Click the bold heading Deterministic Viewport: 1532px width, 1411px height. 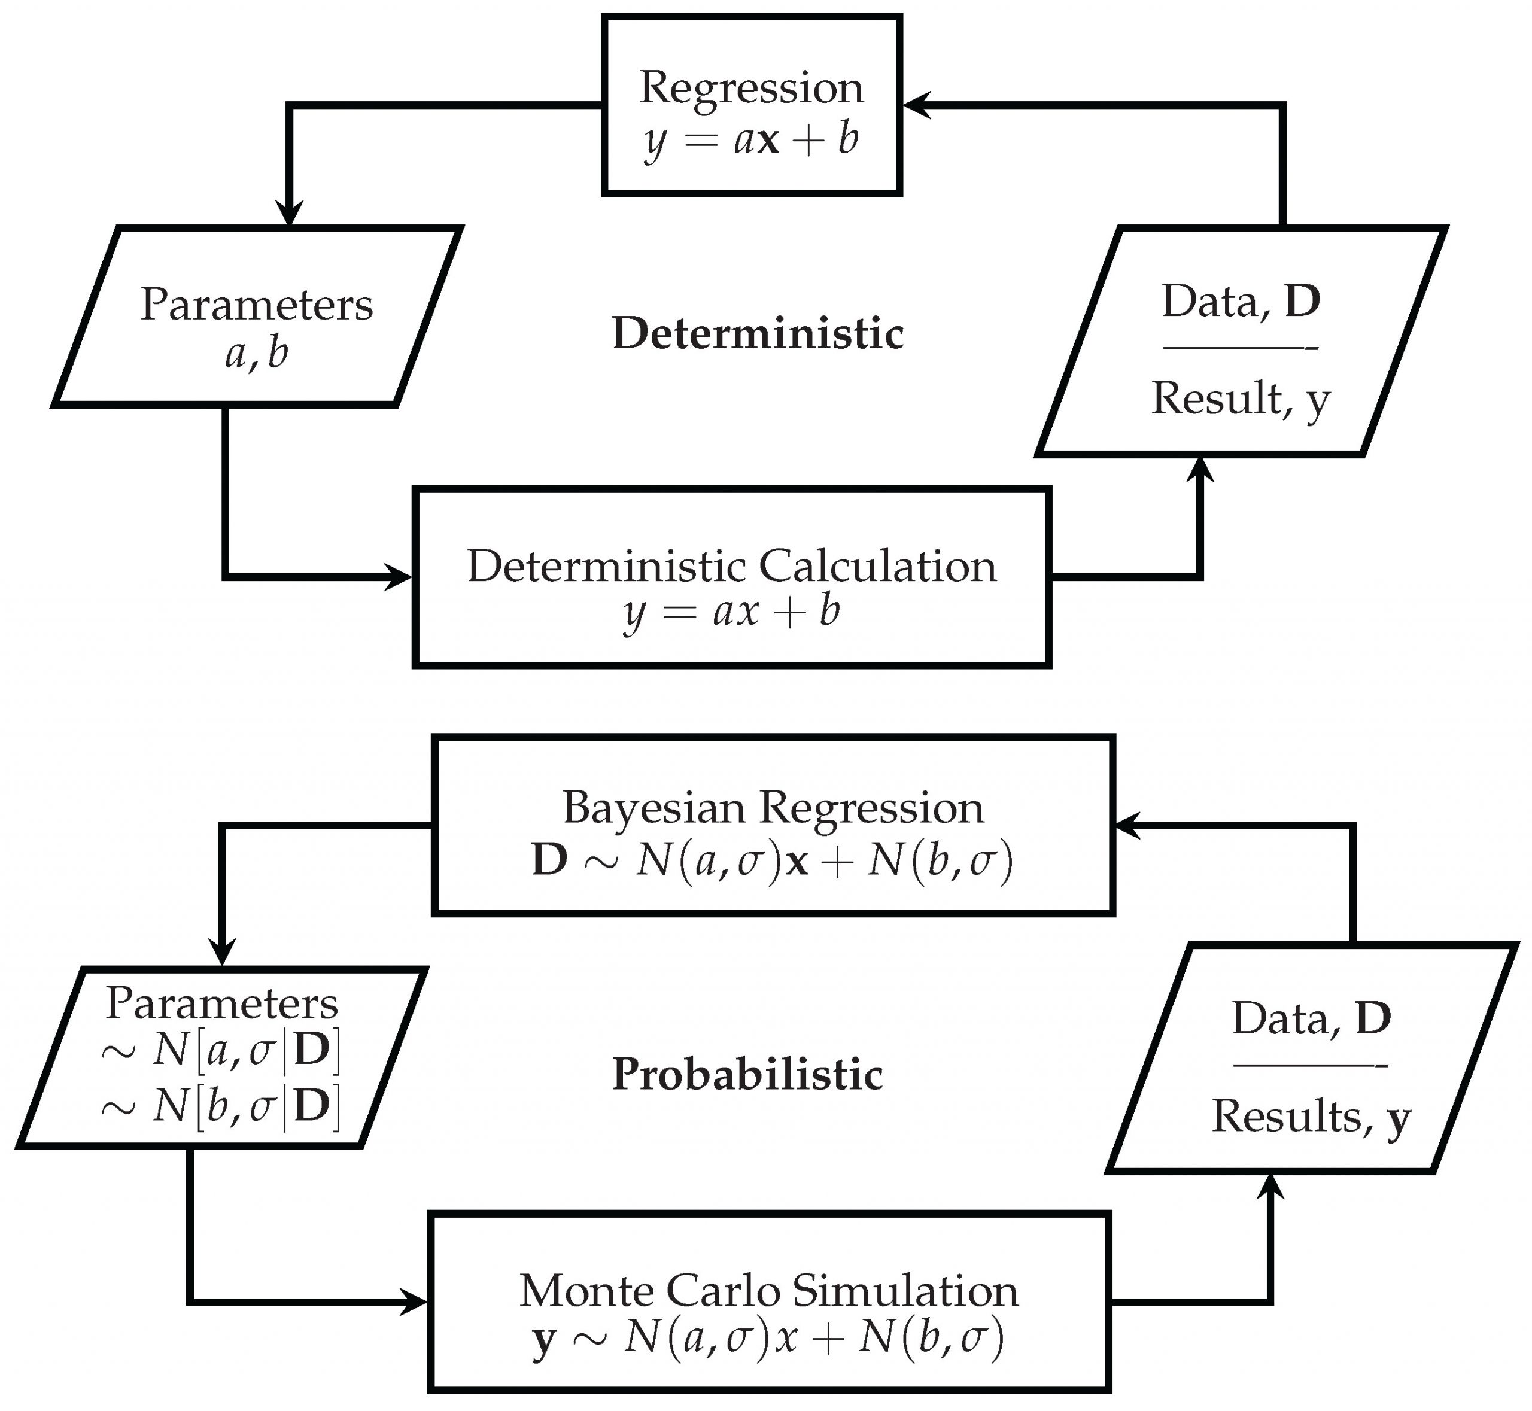(758, 334)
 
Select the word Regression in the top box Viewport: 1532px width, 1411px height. (752, 88)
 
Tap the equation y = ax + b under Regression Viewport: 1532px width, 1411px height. (752, 141)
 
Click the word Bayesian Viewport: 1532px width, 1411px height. (653, 808)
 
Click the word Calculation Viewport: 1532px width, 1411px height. (877, 567)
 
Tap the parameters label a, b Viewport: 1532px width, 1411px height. (257, 354)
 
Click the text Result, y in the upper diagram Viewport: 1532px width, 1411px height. (1241, 399)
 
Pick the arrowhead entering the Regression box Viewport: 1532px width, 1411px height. (915, 105)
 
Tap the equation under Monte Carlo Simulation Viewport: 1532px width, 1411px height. (768, 1339)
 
